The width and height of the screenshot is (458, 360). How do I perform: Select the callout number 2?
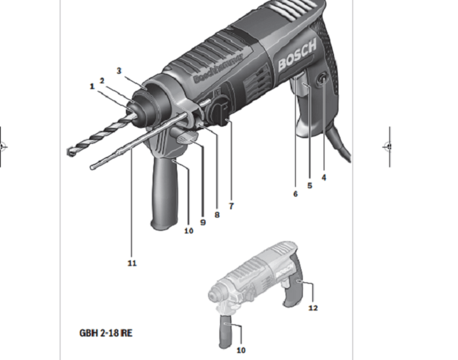click(x=102, y=80)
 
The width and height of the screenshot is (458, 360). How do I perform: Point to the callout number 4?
click(x=323, y=177)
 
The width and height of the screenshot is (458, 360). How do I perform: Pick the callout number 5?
click(x=310, y=186)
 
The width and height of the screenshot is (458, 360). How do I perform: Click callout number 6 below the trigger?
click(x=295, y=194)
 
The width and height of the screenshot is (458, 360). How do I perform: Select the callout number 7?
click(x=231, y=206)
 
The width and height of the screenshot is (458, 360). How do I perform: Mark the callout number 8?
click(x=217, y=215)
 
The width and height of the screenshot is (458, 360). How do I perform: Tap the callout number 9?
click(x=203, y=223)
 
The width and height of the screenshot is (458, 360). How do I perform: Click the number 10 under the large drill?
click(x=188, y=231)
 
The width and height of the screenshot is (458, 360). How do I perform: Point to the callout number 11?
click(x=132, y=263)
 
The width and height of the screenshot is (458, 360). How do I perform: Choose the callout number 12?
click(x=312, y=308)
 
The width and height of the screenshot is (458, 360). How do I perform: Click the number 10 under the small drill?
click(x=240, y=350)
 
